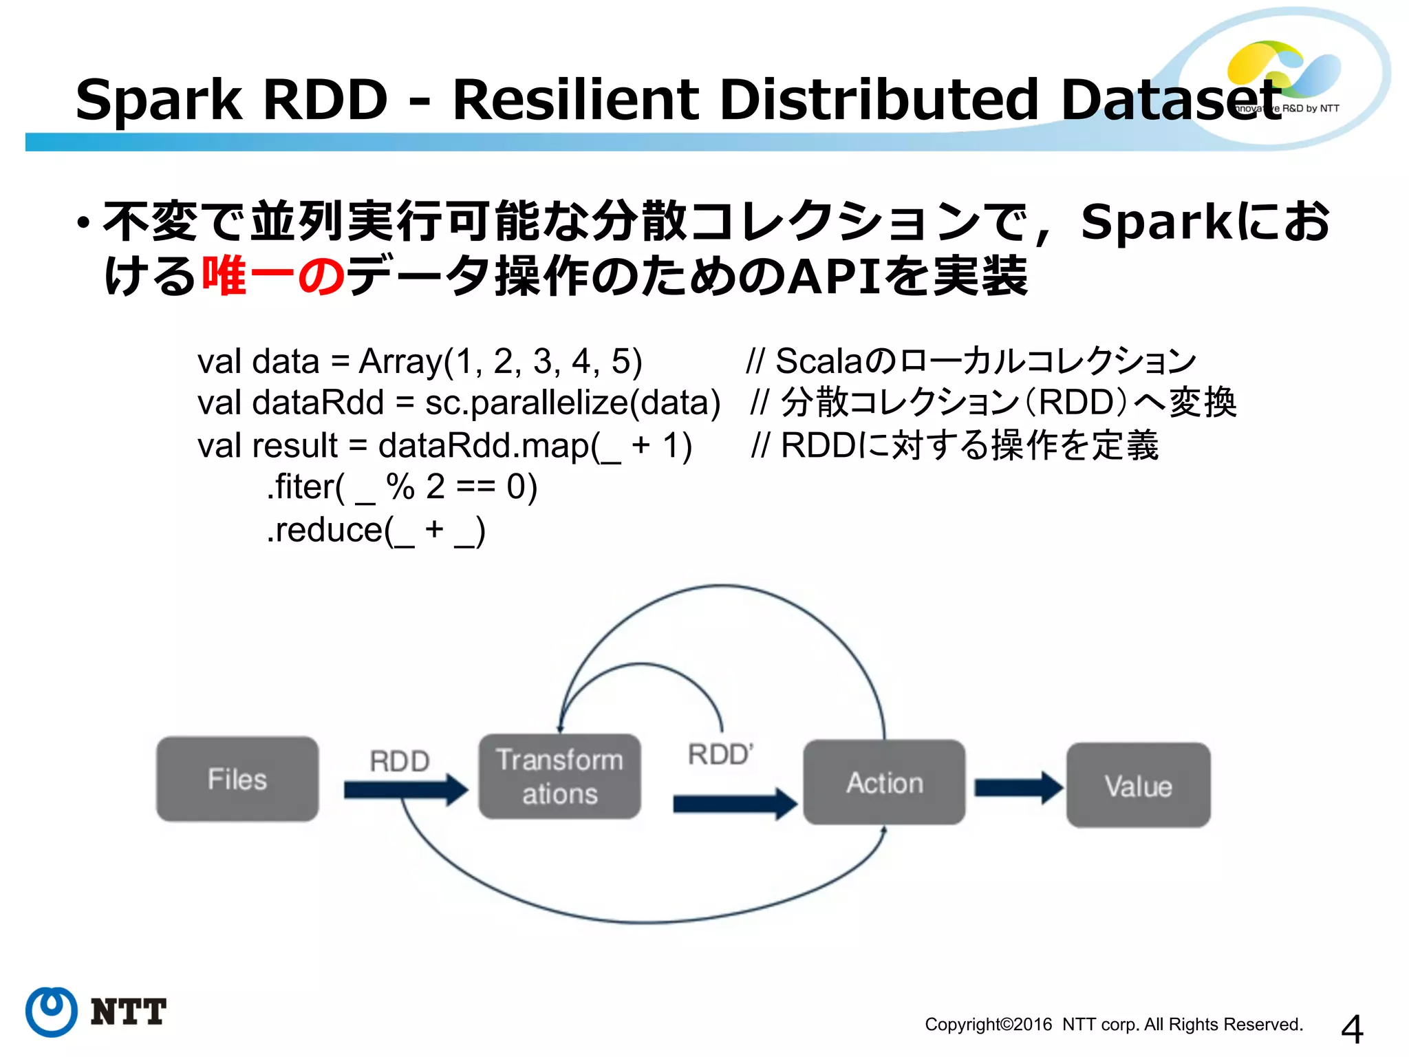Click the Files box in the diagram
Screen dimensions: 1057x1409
(237, 779)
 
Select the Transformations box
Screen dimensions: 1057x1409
(559, 776)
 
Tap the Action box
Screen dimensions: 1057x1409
(884, 782)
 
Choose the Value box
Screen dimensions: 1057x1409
(1138, 785)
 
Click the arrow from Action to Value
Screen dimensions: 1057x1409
(1018, 787)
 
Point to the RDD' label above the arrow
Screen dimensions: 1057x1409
(720, 754)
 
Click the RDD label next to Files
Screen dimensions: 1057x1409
(399, 761)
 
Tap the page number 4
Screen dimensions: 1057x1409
(1351, 1029)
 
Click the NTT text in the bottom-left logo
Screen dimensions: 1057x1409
(128, 1012)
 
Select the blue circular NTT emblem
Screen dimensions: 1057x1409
(52, 1012)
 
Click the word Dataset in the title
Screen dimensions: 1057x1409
(1170, 100)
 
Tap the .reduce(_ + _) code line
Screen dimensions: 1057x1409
(376, 530)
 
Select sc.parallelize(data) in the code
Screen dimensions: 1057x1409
(572, 403)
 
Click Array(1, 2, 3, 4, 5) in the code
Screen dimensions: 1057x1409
(500, 361)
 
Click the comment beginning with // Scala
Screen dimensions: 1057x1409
(971, 361)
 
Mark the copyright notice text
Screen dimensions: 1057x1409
(1113, 1024)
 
